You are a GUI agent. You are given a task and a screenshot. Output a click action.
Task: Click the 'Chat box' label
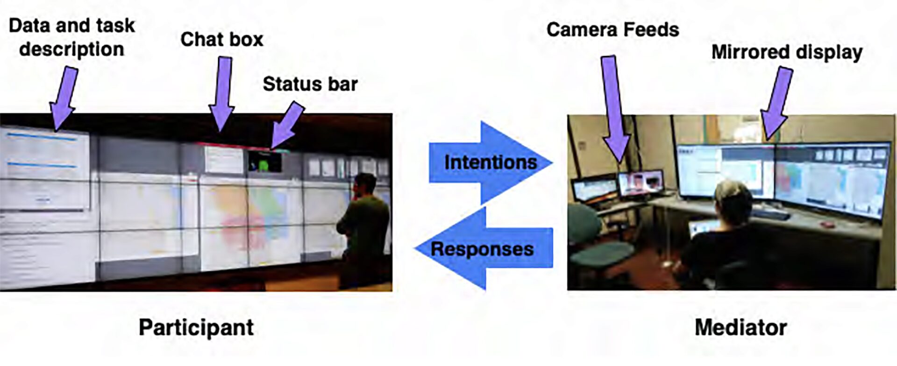point(221,40)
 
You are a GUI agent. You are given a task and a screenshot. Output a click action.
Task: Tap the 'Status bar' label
point(310,84)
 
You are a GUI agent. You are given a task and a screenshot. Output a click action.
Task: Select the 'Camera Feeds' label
point(612,30)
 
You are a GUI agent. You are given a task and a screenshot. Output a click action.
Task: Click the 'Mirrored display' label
point(786,52)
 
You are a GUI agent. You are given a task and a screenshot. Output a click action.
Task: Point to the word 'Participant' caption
point(196,327)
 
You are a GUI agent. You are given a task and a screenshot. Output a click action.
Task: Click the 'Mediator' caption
point(740,327)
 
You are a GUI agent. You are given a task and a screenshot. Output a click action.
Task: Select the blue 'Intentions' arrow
point(491,162)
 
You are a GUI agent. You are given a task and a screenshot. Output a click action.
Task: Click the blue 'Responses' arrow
point(484,249)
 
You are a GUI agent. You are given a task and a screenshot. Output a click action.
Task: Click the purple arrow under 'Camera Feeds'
point(614,107)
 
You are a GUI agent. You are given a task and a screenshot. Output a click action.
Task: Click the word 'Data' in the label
point(29,26)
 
